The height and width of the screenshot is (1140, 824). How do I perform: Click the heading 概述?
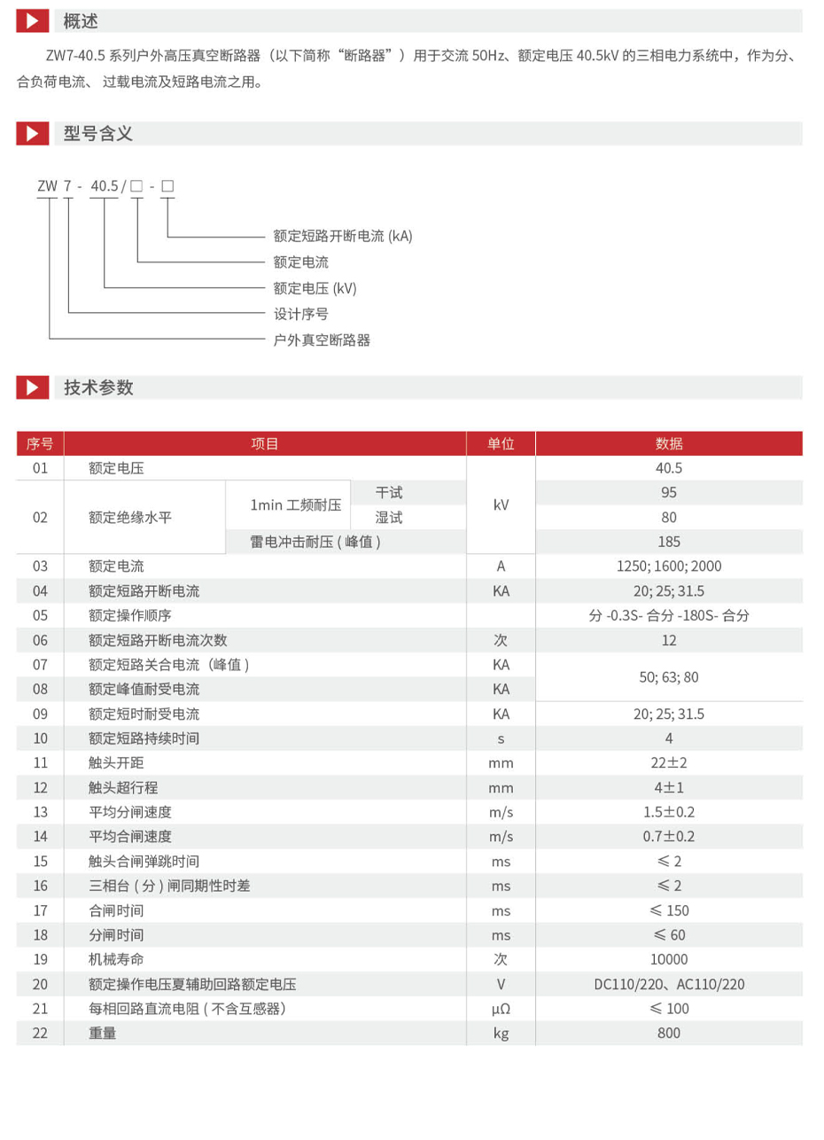[x=81, y=20]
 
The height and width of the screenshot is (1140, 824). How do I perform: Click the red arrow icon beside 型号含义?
[x=33, y=134]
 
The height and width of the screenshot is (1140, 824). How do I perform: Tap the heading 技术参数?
[x=98, y=387]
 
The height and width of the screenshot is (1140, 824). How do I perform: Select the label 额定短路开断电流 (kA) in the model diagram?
[x=343, y=236]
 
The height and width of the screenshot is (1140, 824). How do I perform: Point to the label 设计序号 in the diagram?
[x=301, y=314]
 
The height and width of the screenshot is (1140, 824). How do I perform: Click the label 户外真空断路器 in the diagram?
[x=322, y=340]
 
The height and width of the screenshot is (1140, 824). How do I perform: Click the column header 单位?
[x=501, y=444]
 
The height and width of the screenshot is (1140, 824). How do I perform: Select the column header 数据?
[x=669, y=444]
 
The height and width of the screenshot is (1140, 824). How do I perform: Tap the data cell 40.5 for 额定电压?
[x=669, y=469]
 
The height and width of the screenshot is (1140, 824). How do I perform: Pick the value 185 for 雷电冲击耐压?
[x=669, y=542]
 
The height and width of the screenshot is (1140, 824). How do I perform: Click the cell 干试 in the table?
[x=389, y=493]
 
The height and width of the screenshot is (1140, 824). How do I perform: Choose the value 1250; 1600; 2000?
[x=669, y=566]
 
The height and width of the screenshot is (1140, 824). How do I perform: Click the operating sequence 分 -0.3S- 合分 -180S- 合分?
[x=669, y=615]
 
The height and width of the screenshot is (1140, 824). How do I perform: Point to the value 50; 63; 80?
[x=669, y=677]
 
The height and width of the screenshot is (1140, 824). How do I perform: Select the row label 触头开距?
[x=117, y=762]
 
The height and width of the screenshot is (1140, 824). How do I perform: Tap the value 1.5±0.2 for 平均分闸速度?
[x=669, y=812]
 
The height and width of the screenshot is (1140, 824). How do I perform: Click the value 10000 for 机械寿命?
[x=669, y=959]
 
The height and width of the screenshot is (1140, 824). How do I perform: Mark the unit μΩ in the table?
[x=501, y=1009]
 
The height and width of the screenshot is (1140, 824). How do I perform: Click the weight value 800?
[x=669, y=1033]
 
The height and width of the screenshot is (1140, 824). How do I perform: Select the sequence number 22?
[x=40, y=1033]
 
